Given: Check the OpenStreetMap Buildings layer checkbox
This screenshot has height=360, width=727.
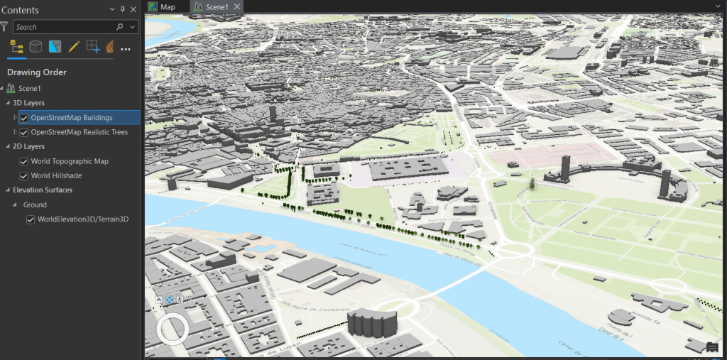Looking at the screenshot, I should click(x=24, y=118).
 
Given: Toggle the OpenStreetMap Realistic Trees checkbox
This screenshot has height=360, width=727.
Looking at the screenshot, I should click(x=24, y=133).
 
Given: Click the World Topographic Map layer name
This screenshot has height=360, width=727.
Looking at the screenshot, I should click(x=70, y=161).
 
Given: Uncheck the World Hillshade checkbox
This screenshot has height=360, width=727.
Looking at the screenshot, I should click(x=24, y=175).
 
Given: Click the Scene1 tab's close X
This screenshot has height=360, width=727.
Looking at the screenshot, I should click(x=237, y=6).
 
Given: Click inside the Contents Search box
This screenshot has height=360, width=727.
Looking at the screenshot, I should click(x=64, y=27).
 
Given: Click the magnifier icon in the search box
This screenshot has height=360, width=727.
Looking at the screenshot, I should click(x=119, y=27).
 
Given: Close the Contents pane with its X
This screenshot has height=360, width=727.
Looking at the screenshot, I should click(x=133, y=10).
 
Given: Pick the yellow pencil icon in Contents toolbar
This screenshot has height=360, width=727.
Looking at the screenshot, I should click(x=74, y=48).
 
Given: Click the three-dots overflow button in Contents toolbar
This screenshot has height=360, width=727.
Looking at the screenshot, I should click(x=126, y=48).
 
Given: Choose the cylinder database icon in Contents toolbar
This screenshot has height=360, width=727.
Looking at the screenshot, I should click(x=35, y=48).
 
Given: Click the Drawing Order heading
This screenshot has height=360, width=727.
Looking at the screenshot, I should click(x=37, y=72).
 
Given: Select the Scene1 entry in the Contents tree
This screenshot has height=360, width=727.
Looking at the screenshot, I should click(x=30, y=88).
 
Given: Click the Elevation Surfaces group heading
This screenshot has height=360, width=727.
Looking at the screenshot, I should click(x=43, y=190).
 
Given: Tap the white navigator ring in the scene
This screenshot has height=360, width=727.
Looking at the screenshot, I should click(x=171, y=329).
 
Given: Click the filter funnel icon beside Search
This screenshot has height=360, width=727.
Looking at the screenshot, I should click(x=4, y=27).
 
